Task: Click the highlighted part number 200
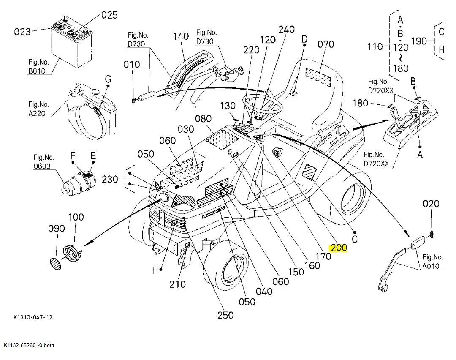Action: (338, 248)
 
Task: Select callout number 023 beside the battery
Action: (22, 31)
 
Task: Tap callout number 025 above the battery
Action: (109, 16)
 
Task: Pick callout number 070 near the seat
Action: (326, 44)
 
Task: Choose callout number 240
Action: (286, 30)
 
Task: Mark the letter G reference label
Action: (108, 79)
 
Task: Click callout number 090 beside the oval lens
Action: (56, 229)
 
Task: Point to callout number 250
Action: (225, 315)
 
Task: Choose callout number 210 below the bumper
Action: (177, 284)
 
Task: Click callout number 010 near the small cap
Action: (131, 65)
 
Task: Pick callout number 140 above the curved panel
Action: (181, 36)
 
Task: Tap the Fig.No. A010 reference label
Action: (433, 262)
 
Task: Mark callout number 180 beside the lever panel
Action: (360, 103)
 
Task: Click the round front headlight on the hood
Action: (163, 197)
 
